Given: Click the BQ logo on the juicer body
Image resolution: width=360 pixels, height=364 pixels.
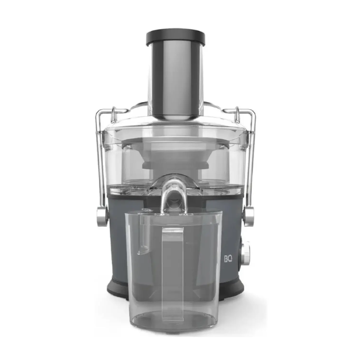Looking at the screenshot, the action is click(x=228, y=259).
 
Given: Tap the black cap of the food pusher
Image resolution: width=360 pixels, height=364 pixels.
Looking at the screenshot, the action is click(x=176, y=37).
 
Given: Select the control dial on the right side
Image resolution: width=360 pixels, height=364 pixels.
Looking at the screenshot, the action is click(x=246, y=254).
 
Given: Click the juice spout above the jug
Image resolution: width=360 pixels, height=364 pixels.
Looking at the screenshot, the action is click(x=174, y=194).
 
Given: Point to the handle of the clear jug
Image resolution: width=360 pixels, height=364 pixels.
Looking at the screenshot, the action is click(x=173, y=274).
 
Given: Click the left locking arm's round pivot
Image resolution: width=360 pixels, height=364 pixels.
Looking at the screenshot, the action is click(x=102, y=216).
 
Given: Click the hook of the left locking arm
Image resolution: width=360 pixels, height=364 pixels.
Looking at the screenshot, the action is click(x=113, y=115).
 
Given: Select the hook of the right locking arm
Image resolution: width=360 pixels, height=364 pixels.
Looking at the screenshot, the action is click(x=237, y=115).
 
